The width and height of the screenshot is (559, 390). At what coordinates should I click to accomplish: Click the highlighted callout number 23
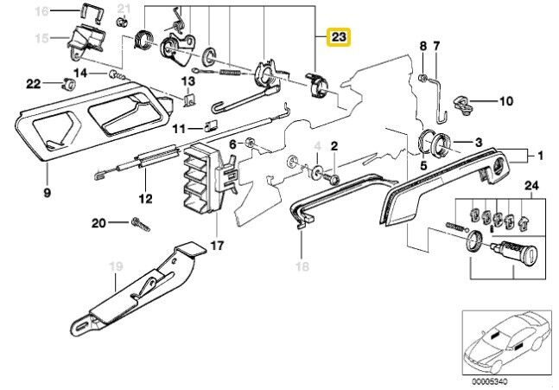click(339, 37)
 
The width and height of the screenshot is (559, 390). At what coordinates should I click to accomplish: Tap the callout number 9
click(47, 193)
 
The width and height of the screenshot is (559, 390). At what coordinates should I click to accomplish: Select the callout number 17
click(217, 246)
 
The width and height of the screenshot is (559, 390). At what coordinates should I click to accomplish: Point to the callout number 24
click(531, 186)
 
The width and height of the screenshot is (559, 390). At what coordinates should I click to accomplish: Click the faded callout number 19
click(116, 266)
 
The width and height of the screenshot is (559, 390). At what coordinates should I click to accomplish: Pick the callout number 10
click(506, 101)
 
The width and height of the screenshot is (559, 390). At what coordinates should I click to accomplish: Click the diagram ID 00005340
click(489, 381)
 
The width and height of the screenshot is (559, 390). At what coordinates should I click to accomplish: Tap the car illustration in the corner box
click(504, 341)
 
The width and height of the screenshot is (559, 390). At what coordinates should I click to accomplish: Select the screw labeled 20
click(141, 225)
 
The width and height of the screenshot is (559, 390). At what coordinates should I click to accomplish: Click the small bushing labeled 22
click(69, 84)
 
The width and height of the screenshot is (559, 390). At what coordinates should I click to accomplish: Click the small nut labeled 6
click(250, 144)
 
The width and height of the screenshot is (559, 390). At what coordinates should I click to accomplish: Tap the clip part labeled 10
click(462, 105)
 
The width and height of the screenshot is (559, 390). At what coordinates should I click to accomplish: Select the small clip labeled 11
click(210, 125)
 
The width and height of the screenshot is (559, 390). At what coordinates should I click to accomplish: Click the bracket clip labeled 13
click(189, 100)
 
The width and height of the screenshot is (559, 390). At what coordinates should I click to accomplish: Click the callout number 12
click(145, 198)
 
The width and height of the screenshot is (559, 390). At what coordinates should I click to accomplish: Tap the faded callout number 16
click(41, 11)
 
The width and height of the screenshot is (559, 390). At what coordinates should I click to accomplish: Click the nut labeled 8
click(422, 78)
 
